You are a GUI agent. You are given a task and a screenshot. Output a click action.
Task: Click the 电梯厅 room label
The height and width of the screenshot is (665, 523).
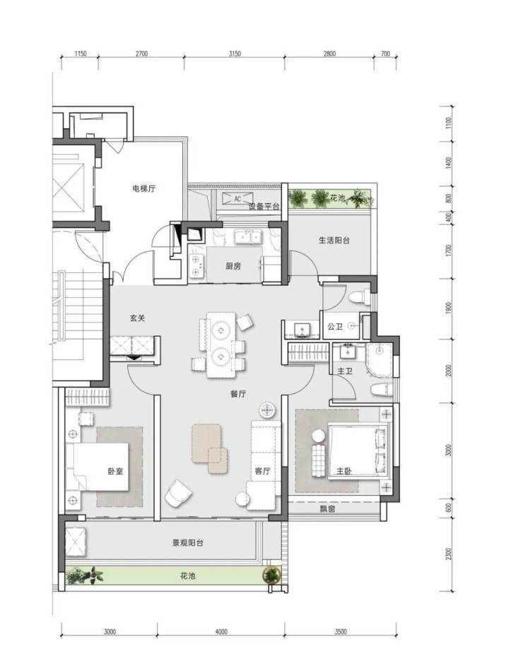tap(143, 188)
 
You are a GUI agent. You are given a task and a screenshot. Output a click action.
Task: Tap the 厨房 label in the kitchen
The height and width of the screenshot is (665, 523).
tap(233, 266)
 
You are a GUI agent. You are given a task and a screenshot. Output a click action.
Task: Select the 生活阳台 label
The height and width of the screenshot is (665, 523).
tap(334, 240)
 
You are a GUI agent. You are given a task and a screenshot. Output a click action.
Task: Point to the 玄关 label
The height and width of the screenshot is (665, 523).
tap(137, 318)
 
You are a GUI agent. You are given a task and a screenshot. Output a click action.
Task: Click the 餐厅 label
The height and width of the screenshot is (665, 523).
tap(237, 393)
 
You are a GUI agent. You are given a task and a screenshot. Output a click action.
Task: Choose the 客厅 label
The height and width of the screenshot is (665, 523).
tap(262, 470)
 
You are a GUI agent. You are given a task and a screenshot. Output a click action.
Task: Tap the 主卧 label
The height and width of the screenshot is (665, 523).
tap(344, 470)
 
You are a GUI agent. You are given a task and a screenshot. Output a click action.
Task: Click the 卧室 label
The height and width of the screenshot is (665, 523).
tap(115, 470)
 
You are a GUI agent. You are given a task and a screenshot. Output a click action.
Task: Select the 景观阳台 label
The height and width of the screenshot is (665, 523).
tap(188, 543)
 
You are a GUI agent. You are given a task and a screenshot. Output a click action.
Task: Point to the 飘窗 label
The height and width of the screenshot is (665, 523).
tap(327, 509)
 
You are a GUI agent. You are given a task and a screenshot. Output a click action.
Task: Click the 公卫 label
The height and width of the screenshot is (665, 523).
tap(335, 326)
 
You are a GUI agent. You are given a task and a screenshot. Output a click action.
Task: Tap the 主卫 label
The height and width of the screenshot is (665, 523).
tap(345, 371)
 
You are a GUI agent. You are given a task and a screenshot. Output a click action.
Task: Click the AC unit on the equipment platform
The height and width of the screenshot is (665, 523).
tap(237, 199)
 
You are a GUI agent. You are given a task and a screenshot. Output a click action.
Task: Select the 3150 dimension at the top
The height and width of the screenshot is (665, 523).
tap(235, 54)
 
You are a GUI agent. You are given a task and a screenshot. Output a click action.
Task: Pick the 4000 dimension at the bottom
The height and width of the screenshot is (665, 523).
tap(221, 632)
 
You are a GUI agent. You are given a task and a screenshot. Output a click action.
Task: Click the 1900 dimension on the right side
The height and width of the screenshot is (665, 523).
tap(449, 308)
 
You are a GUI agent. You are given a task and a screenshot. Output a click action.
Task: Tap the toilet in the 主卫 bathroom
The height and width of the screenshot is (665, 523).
tap(380, 389)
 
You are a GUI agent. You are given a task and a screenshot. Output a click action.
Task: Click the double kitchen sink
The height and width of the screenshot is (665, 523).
tap(247, 237)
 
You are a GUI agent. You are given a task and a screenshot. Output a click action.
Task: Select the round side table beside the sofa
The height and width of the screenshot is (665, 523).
tap(267, 410)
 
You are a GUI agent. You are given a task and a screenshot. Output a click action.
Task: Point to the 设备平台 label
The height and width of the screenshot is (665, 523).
tap(264, 207)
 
